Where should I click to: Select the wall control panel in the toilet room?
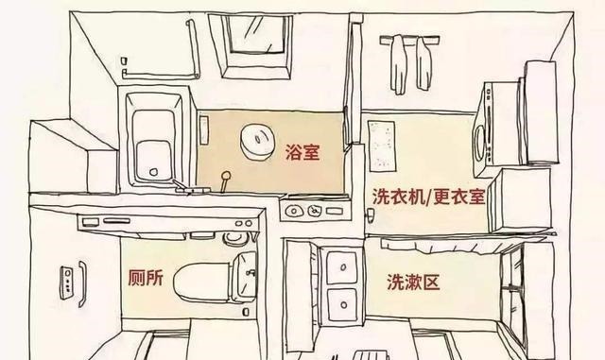click(69, 281)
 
